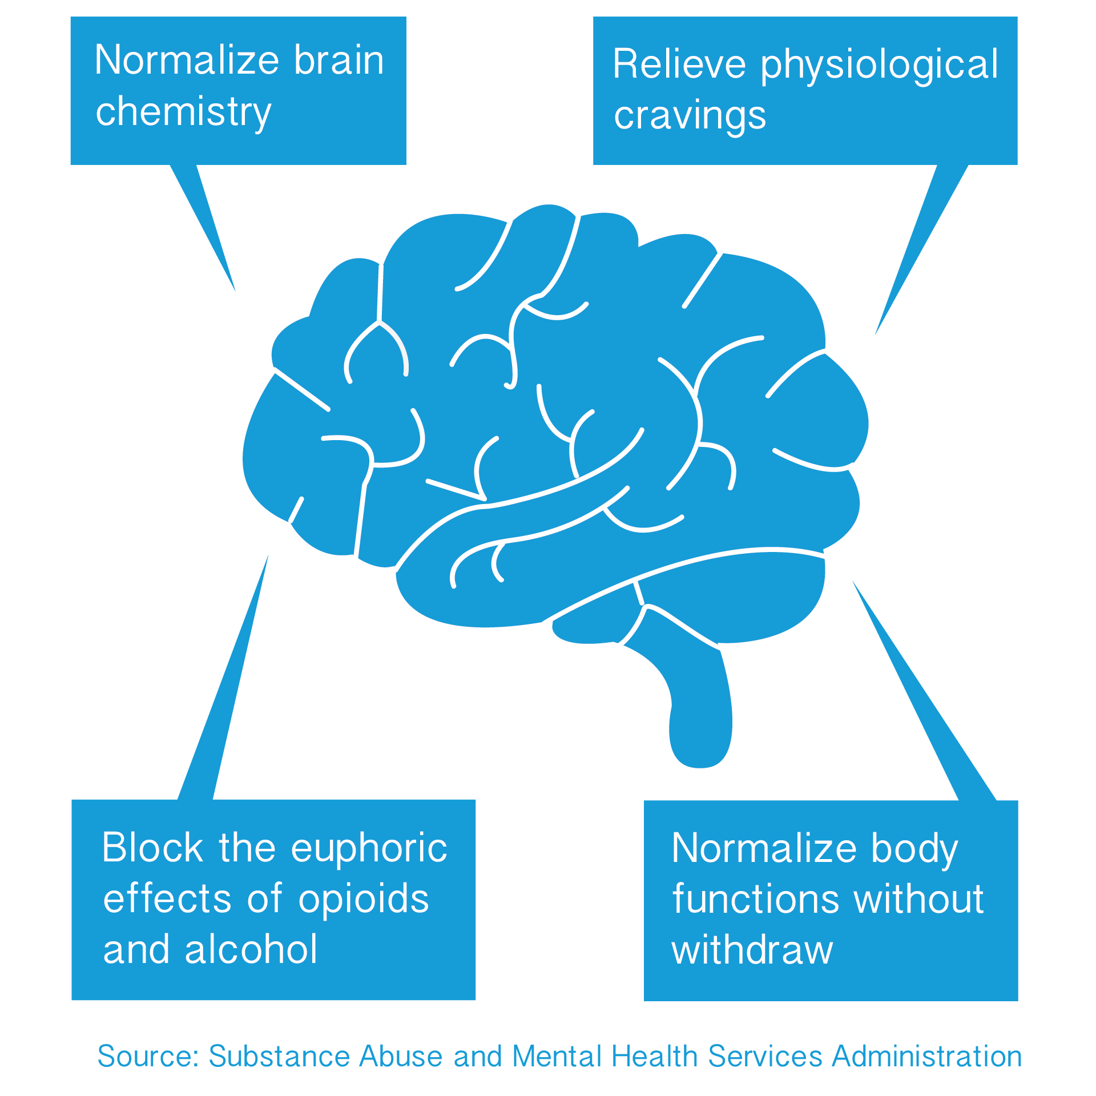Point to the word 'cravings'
pyautogui.click(x=690, y=116)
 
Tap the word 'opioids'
pyautogui.click(x=364, y=898)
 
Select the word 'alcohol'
pyautogui.click(x=251, y=949)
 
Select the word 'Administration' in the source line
pyautogui.click(x=927, y=1056)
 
